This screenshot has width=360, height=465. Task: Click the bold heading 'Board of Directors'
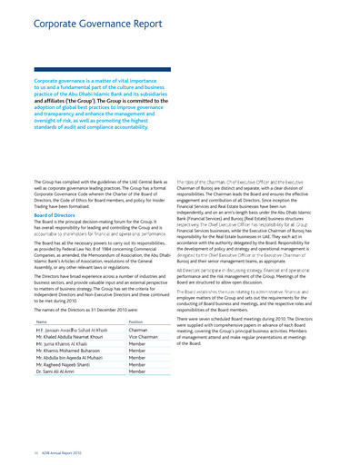55,215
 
